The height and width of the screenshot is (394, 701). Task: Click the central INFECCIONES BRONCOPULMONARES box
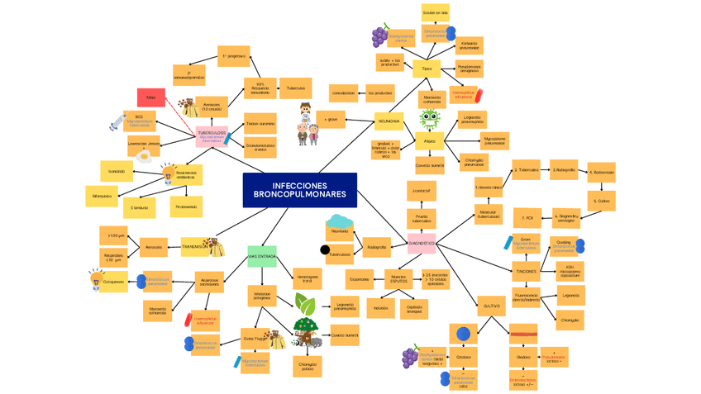coord(300,190)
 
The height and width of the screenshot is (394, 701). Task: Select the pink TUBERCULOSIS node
coord(212,135)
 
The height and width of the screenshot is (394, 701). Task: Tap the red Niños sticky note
coord(150,97)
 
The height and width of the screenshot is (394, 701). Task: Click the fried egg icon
coord(144,154)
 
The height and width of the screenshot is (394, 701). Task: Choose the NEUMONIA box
coord(389,121)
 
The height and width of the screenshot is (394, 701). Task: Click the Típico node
coord(427,69)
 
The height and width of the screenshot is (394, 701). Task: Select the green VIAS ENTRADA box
coord(262,256)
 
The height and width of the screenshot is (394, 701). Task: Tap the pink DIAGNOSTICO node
coord(422,244)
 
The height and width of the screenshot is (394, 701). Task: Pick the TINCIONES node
coord(526,271)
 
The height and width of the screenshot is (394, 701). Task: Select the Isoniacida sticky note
coord(116,172)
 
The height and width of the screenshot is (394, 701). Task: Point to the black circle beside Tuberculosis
coord(325,249)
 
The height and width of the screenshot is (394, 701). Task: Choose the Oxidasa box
coord(523,358)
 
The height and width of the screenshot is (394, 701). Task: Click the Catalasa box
coord(464,357)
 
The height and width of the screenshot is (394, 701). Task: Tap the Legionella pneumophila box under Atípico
coord(470,119)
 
